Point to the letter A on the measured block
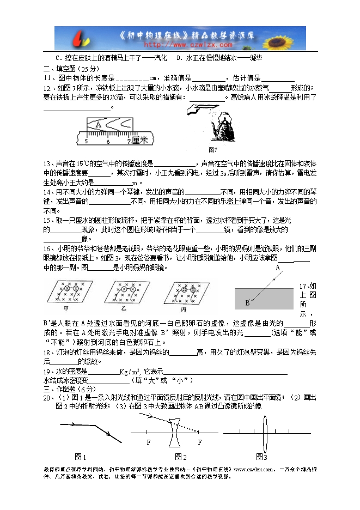click(x=99, y=124)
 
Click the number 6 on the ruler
click(x=108, y=142)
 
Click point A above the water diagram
click(x=277, y=268)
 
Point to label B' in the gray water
click(x=247, y=303)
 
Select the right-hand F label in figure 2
click(x=200, y=442)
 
